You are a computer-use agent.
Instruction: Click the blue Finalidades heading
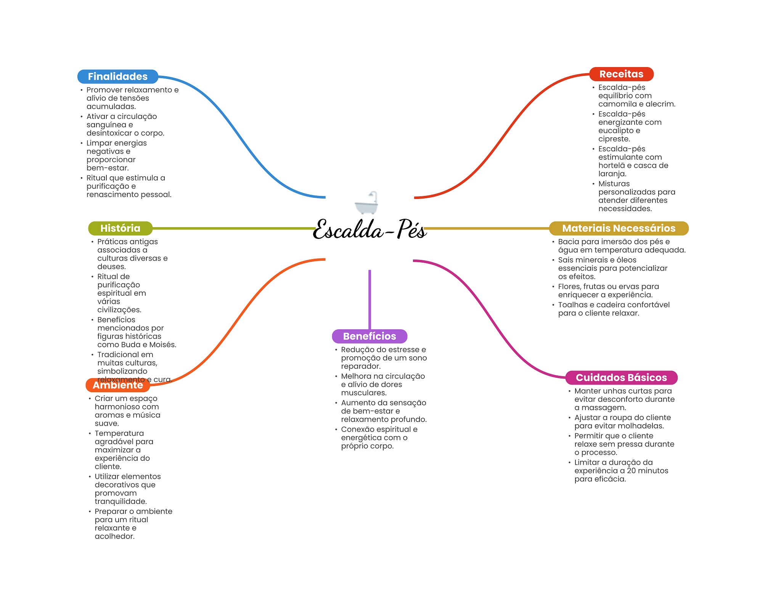(117, 77)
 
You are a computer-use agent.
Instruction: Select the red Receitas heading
(621, 74)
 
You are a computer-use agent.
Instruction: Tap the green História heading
(120, 228)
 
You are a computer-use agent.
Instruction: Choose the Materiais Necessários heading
(619, 228)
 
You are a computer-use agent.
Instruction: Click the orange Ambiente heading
(118, 385)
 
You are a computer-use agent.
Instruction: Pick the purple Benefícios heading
(370, 336)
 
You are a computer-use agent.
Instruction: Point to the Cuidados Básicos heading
(621, 378)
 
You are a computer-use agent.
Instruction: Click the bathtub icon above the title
(366, 203)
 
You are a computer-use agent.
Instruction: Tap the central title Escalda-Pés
(370, 230)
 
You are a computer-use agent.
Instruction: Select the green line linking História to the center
(233, 228)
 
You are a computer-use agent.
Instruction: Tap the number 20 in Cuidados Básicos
(632, 471)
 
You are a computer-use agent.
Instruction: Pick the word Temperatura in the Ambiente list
(119, 433)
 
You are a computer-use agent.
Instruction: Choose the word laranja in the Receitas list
(612, 174)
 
